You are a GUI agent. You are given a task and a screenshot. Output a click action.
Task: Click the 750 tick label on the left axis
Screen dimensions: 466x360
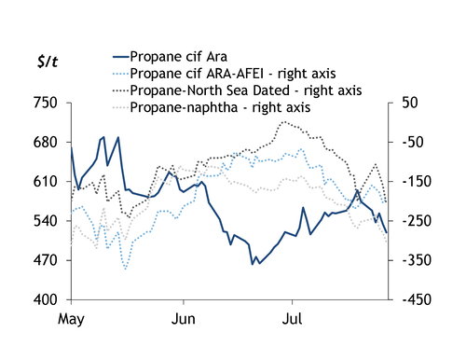[46, 103]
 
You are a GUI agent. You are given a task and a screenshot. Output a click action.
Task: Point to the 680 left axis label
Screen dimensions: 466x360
[46, 143]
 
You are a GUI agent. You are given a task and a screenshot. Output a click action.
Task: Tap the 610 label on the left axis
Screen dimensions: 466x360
[46, 182]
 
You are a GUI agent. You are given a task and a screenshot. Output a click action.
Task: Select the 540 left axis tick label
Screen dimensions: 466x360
[46, 221]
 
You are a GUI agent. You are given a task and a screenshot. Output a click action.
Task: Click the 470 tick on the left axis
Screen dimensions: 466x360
[46, 260]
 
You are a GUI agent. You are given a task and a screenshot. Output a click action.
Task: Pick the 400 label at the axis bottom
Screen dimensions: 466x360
[46, 300]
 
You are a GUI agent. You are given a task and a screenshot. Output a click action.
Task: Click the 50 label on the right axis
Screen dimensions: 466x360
[410, 103]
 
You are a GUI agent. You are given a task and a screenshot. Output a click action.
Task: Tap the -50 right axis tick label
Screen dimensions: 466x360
[413, 143]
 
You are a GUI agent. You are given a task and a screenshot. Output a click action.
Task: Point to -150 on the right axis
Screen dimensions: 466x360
[417, 182]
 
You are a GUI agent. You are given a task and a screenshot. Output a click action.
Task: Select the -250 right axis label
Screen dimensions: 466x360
[417, 221]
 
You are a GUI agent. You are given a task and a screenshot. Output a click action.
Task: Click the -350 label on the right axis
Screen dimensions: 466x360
[417, 260]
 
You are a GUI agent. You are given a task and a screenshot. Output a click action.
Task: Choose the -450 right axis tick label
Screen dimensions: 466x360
[417, 300]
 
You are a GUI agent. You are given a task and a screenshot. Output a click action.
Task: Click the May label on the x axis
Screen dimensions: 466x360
[71, 320]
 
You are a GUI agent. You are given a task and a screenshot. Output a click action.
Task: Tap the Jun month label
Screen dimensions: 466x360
[184, 319]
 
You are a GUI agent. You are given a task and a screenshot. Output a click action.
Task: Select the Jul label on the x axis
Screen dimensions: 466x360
[292, 319]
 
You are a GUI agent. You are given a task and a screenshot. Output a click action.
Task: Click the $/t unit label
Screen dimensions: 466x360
[48, 62]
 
